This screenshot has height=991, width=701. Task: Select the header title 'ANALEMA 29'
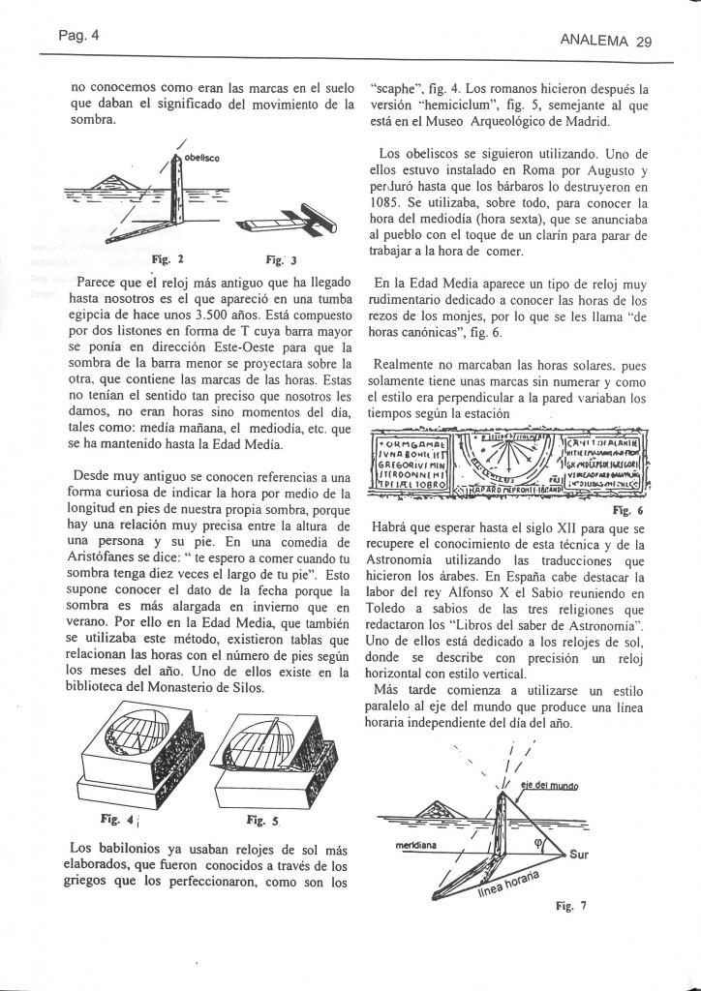608,42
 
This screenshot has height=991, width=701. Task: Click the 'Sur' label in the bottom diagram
578,855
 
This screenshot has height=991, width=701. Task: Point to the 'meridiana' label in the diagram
417,845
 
